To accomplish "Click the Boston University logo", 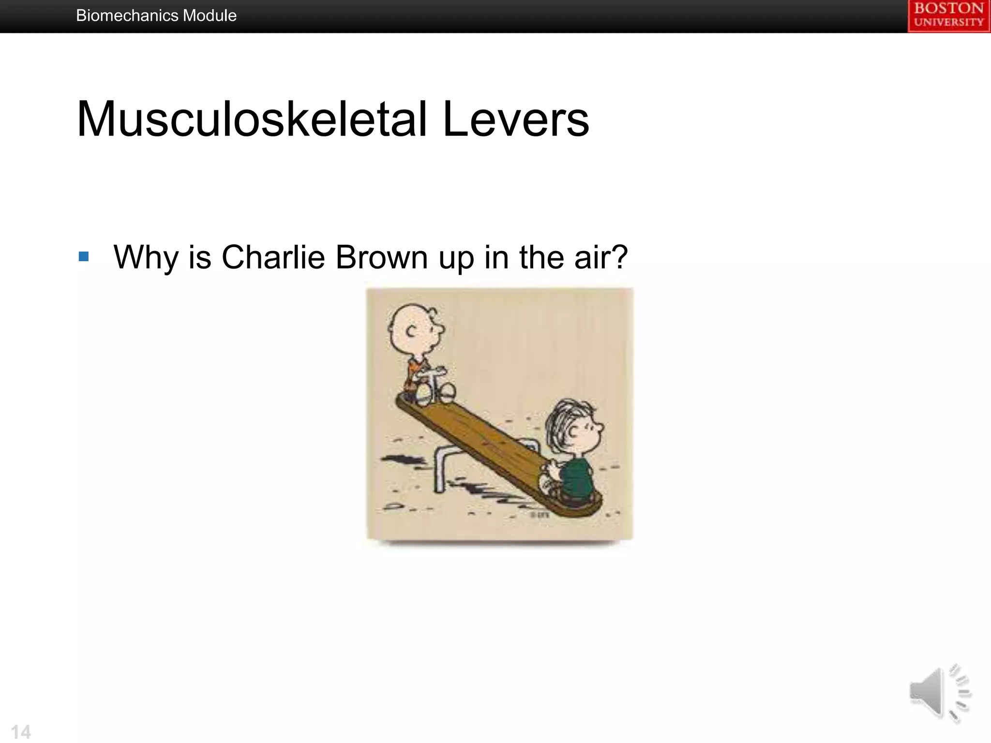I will pos(948,16).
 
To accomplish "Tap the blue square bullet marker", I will pos(84,256).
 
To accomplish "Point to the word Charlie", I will pos(273,257).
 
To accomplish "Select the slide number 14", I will pos(21,732).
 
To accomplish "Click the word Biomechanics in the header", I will pos(127,16).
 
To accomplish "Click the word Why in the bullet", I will pos(145,257).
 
